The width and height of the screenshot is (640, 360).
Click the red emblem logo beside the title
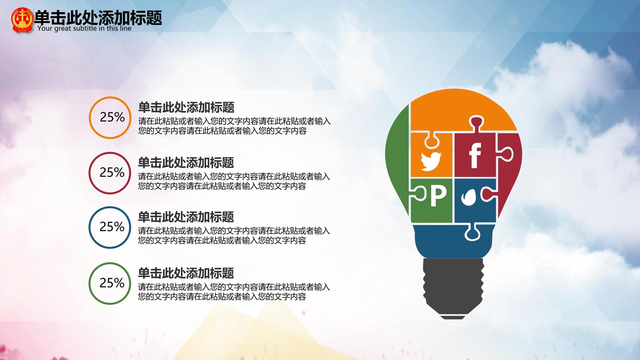click(x=22, y=20)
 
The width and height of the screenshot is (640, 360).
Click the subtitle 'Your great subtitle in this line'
click(x=84, y=28)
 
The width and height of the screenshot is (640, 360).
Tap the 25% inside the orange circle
click(x=112, y=117)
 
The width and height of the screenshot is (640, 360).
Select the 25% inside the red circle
click(x=112, y=172)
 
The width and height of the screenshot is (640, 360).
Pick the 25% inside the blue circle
click(x=112, y=227)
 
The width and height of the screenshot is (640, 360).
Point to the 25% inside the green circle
click(x=112, y=283)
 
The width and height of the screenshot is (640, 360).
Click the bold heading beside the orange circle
click(x=186, y=108)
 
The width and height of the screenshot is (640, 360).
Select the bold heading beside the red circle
click(x=186, y=163)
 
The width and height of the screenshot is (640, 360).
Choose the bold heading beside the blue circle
click(x=186, y=217)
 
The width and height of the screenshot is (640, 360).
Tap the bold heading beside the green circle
click(x=186, y=273)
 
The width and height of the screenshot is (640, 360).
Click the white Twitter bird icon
click(x=431, y=161)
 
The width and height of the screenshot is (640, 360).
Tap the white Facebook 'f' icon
click(x=475, y=156)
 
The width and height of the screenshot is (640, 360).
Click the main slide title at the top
click(x=98, y=18)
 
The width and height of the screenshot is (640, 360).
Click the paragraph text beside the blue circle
click(x=234, y=236)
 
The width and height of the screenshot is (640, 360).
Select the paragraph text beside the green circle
click(x=234, y=292)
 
